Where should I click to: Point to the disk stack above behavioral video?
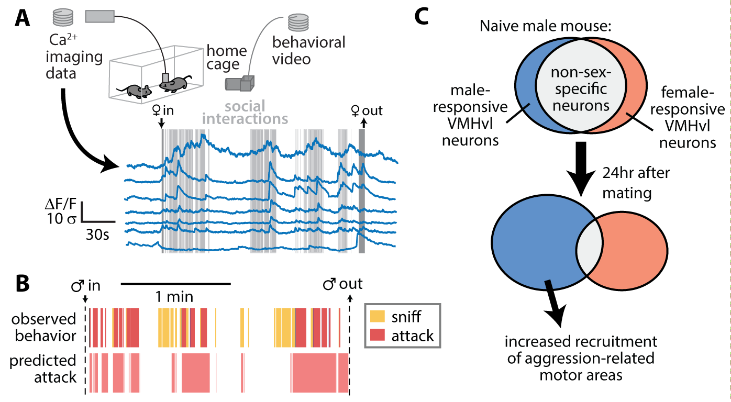click(297, 23)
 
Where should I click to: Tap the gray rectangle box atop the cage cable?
click(99, 17)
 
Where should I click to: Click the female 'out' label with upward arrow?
click(366, 111)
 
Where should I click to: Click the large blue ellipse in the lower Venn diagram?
click(534, 245)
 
